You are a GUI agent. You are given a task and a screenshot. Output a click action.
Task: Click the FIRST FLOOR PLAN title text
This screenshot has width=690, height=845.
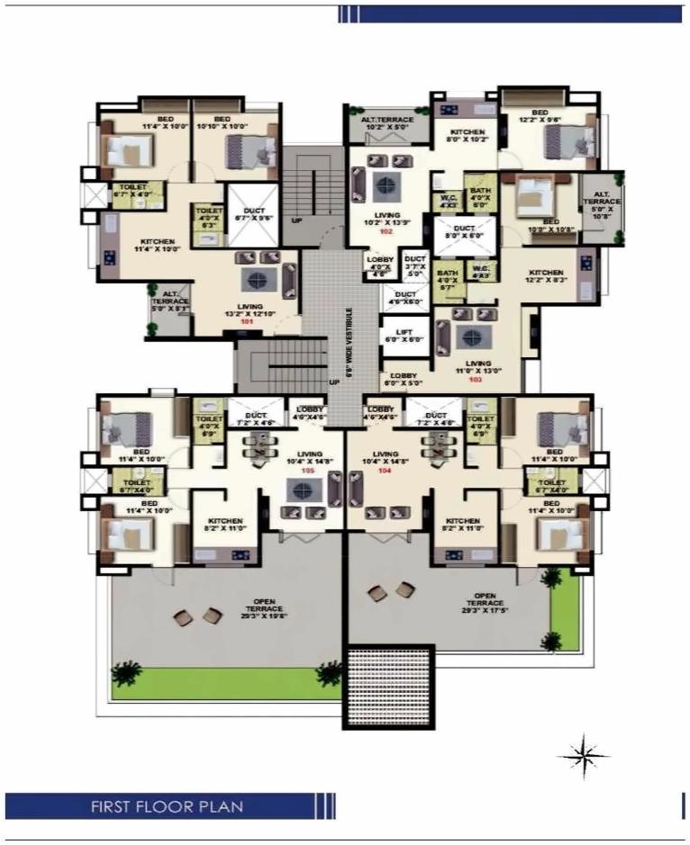pos(166,805)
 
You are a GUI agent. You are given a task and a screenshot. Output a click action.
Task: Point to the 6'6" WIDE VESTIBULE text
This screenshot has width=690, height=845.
pos(350,339)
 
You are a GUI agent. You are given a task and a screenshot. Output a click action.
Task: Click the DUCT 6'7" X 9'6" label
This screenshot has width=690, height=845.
pos(250,213)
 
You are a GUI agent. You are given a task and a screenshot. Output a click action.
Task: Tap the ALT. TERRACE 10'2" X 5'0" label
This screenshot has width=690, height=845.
pos(387,124)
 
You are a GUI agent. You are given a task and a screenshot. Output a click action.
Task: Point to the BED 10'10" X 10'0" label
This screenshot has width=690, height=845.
pos(222,124)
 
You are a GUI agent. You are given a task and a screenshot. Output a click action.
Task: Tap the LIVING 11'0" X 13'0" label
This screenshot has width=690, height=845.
pos(476,365)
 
